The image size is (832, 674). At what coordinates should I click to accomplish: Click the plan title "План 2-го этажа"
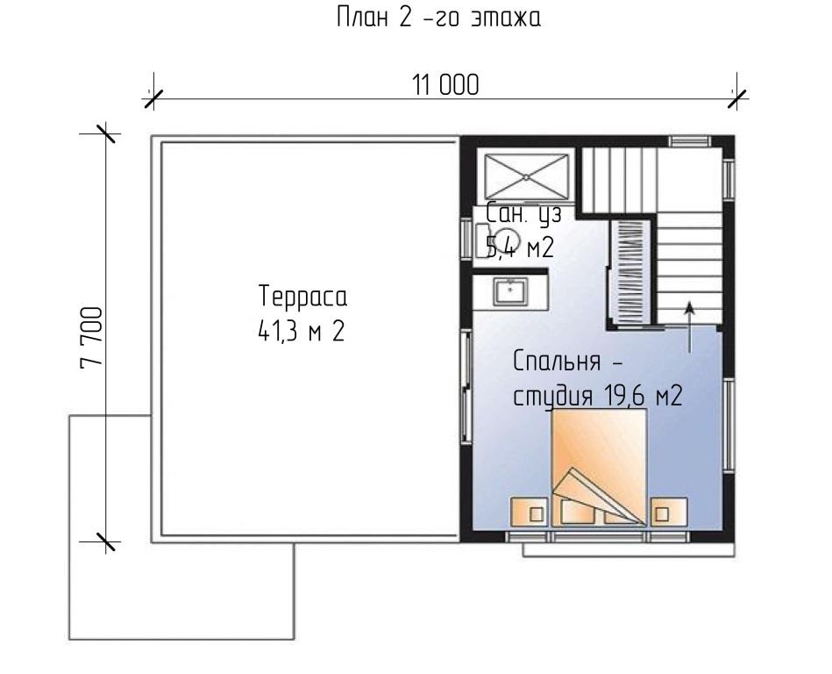439,18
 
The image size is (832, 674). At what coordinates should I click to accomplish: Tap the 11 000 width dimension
445,85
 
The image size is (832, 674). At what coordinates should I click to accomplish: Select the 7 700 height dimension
90,338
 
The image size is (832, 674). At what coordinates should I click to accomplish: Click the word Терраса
303,297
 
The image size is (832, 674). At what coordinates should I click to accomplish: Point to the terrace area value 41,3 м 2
302,332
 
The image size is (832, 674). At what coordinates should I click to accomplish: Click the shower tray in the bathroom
525,176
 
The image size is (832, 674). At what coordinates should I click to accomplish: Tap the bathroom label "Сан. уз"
523,215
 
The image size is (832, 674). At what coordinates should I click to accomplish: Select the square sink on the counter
510,291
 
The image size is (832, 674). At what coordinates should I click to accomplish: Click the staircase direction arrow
690,327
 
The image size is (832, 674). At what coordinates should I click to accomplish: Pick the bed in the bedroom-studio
599,468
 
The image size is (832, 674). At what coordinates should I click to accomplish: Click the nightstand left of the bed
529,512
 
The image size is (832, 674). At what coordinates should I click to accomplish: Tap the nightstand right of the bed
669,512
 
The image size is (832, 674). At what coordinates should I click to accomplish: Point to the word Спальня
557,362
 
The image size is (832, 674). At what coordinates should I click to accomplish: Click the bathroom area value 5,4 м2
520,247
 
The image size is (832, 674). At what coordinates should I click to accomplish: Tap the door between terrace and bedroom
466,385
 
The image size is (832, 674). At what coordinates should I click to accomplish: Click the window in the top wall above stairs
689,141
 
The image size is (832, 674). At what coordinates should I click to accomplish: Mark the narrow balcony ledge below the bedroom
629,549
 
